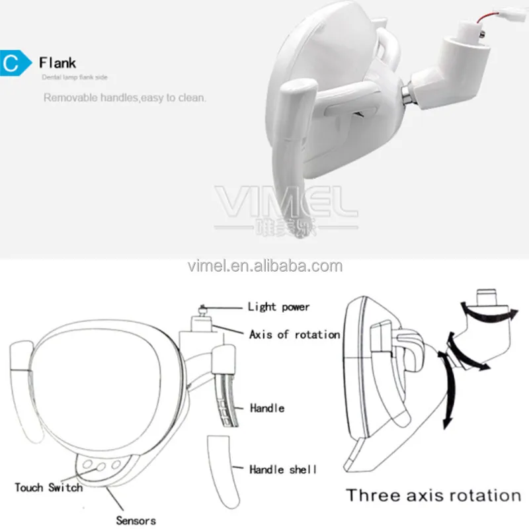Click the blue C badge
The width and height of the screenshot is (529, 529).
[x=15, y=63]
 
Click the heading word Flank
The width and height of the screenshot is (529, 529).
[x=57, y=63]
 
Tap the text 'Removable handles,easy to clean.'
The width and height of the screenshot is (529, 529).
[x=125, y=98]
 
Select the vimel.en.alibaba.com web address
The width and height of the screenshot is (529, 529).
[x=264, y=266]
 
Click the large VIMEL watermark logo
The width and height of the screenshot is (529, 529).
[x=286, y=200]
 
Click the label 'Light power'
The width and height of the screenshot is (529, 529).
[x=278, y=307]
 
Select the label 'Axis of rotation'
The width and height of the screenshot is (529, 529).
[x=294, y=335]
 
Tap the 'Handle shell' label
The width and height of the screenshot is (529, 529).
[x=282, y=469]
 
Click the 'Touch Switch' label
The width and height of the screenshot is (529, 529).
[x=49, y=487]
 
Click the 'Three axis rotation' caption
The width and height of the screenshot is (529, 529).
[x=434, y=495]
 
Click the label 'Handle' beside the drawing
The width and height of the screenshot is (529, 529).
[x=267, y=408]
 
